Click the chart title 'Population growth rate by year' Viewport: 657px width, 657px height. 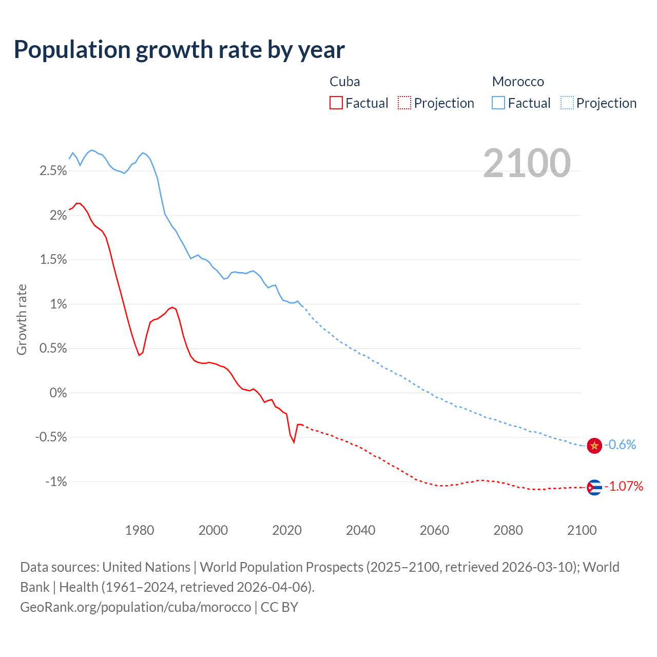[x=179, y=50]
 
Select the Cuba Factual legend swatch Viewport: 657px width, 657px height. [x=336, y=103]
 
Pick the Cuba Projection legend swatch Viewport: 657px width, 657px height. [x=404, y=103]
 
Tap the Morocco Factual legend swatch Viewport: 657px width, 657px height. [x=498, y=103]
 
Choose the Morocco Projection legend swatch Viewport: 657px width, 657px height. [x=567, y=103]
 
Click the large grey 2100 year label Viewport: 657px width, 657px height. [x=527, y=163]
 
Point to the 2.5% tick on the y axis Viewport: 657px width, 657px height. [x=53, y=170]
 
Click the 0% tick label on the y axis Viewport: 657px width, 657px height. [x=58, y=393]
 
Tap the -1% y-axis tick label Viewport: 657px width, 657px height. [x=56, y=481]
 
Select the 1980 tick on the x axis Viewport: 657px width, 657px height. [x=140, y=530]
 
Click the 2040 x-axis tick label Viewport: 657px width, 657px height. [x=360, y=530]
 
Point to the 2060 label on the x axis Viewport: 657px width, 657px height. [x=434, y=530]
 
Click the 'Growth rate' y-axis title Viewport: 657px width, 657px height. [x=22, y=319]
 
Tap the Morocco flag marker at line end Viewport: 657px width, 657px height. [x=594, y=445]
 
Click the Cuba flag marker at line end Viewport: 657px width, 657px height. [x=594, y=487]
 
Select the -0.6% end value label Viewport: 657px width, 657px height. [x=620, y=445]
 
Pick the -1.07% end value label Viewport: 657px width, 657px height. [x=624, y=486]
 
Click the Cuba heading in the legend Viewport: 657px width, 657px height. [x=344, y=82]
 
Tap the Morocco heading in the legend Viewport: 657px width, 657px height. [x=518, y=82]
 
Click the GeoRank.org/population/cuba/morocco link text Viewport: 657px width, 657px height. [x=136, y=607]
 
